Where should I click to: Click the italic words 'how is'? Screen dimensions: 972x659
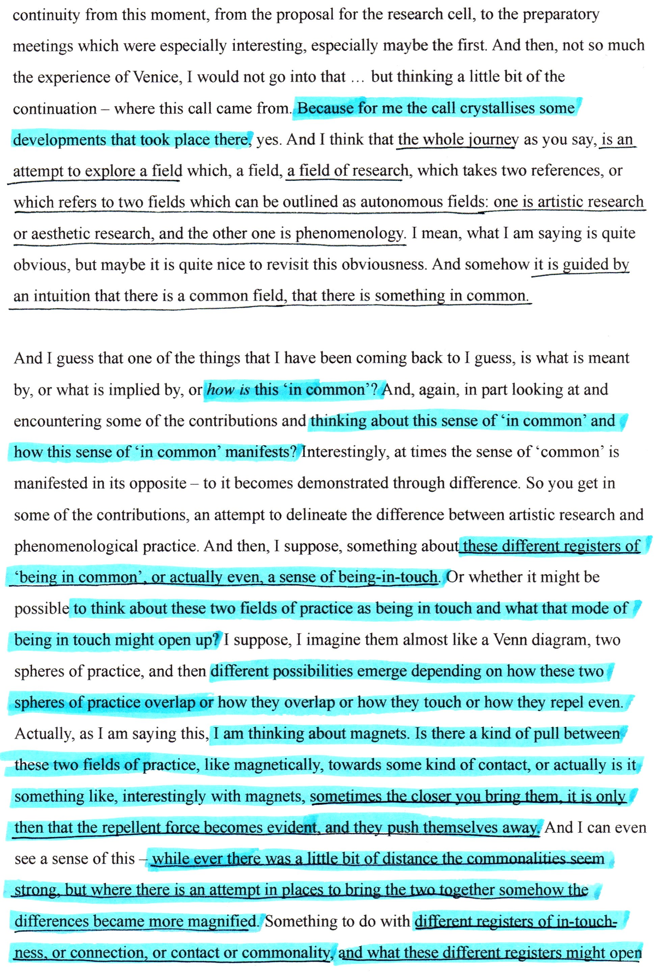tap(228, 390)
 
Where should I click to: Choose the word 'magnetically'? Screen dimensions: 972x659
tap(275, 765)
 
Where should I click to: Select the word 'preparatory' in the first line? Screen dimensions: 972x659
tap(561, 14)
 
